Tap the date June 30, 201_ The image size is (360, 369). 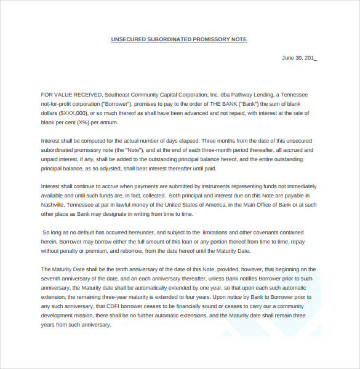tap(298, 58)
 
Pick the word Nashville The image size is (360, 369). tap(54, 205)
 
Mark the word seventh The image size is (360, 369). tap(52, 279)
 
